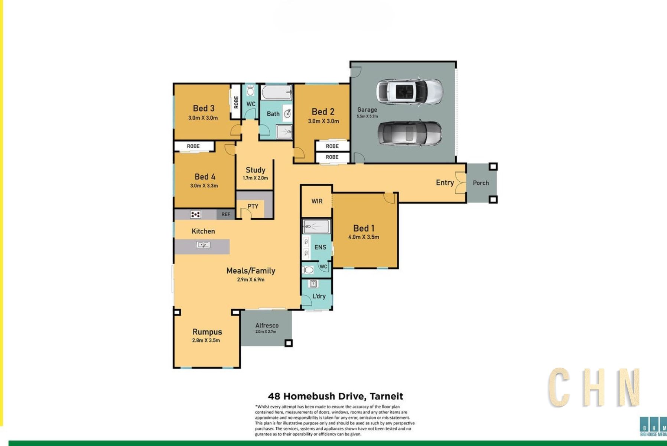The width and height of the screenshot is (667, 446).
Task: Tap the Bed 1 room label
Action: pos(364,228)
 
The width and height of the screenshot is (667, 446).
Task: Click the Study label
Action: pos(256,170)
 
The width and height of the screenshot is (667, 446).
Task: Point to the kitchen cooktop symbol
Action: pos(195,214)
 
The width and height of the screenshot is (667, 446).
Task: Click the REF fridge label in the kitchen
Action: pos(226,214)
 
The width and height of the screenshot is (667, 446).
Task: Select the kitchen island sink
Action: pos(203,245)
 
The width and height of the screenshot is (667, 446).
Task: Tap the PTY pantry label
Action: pos(253,206)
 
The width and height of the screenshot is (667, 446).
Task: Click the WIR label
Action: pos(317,201)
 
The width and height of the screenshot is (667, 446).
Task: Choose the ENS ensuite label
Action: pos(320,247)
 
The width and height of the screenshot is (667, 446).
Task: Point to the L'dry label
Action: pos(319,296)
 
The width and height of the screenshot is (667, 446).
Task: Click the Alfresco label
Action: pos(267,325)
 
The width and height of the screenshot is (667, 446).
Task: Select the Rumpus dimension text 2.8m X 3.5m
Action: pos(206,340)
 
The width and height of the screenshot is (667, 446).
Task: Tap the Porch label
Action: pos(481,183)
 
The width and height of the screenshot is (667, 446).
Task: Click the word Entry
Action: pos(445,182)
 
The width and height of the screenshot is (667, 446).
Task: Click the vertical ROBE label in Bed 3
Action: pos(236,102)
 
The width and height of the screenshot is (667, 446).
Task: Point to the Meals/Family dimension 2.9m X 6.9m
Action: pos(251,279)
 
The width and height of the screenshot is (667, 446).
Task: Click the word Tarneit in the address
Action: pos(386,396)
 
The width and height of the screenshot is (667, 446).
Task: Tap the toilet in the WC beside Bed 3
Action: pos(250,90)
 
